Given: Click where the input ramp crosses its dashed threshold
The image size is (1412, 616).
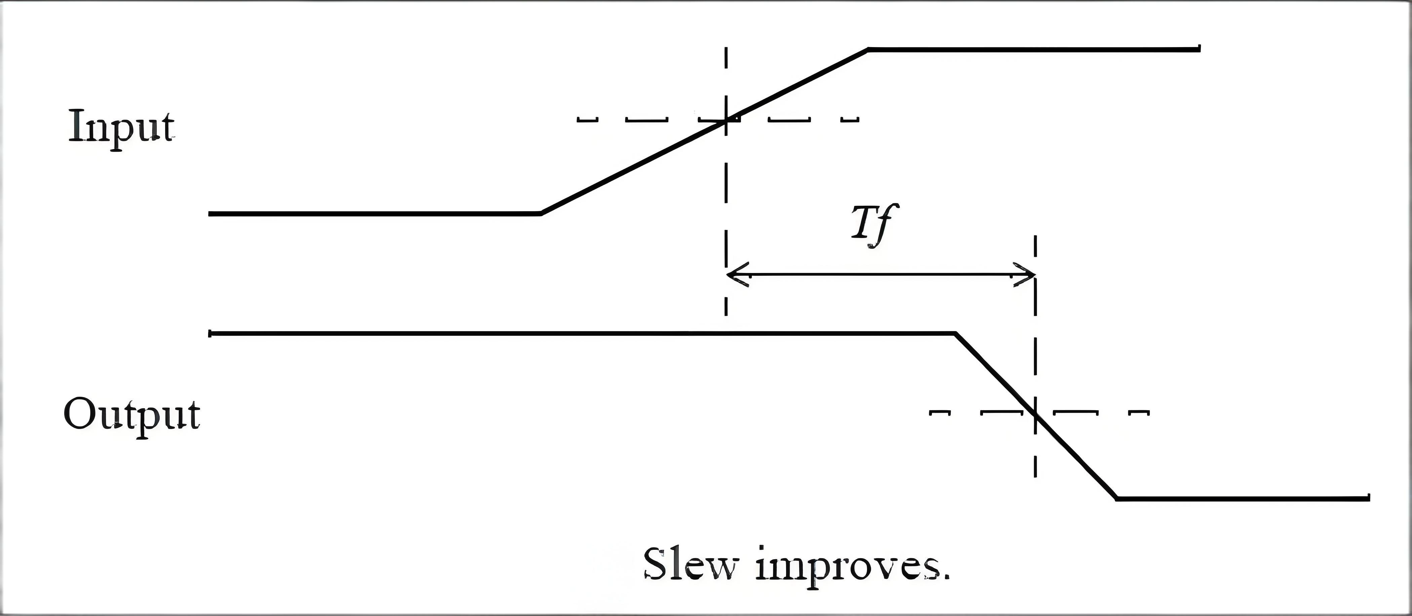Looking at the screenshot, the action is [726, 119].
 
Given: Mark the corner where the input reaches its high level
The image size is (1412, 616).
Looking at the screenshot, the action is [868, 50].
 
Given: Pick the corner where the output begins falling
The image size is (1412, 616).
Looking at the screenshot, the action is [955, 333].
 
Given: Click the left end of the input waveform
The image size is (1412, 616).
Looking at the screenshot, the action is [210, 213].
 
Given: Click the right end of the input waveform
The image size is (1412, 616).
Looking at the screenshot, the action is [1199, 49].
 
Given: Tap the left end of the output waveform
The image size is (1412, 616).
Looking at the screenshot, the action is [210, 333].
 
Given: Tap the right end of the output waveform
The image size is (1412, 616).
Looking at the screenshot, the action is [1369, 498].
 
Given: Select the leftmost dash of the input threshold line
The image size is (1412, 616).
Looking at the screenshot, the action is [587, 119].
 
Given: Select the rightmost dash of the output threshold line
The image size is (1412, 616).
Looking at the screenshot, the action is [1140, 412].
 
